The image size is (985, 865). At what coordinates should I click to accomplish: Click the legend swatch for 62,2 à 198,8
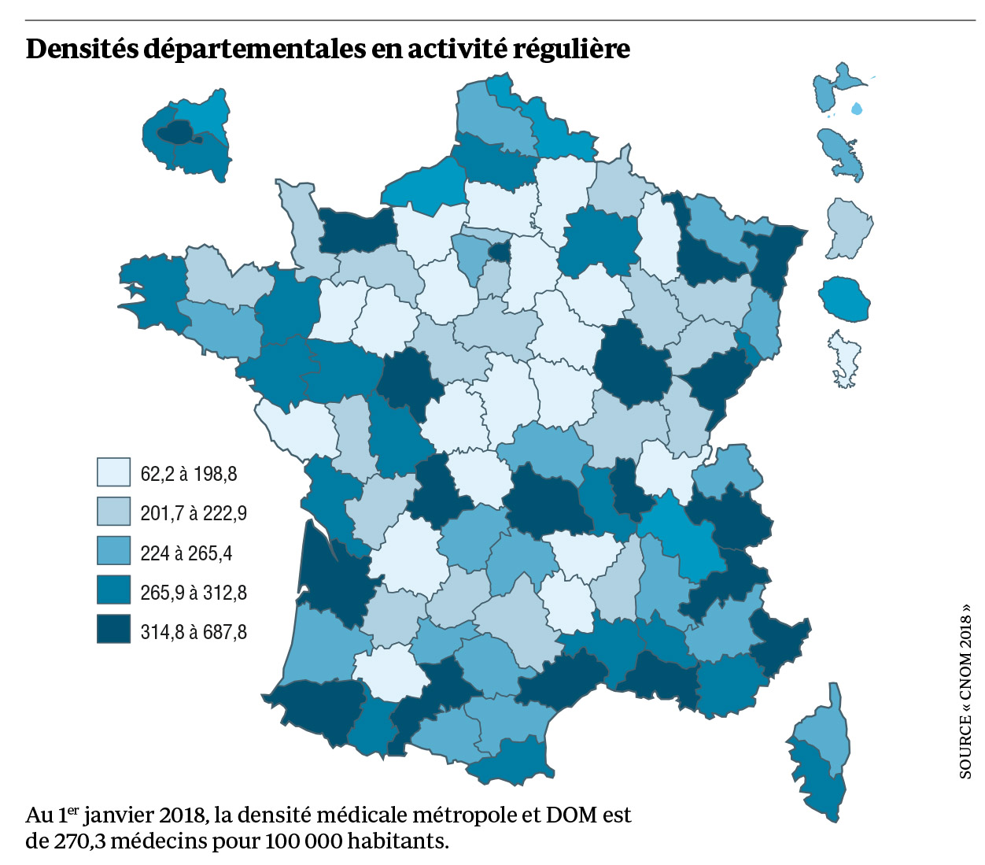(113, 472)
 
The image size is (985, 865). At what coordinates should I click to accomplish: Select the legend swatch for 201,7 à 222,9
(113, 512)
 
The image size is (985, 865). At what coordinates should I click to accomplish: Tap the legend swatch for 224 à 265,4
(113, 551)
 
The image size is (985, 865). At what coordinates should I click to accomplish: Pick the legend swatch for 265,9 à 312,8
(113, 590)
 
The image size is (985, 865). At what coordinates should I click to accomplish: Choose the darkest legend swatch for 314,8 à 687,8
(113, 630)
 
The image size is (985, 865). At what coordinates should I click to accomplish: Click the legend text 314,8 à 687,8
(194, 631)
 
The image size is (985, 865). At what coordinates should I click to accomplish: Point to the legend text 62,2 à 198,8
(188, 474)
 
